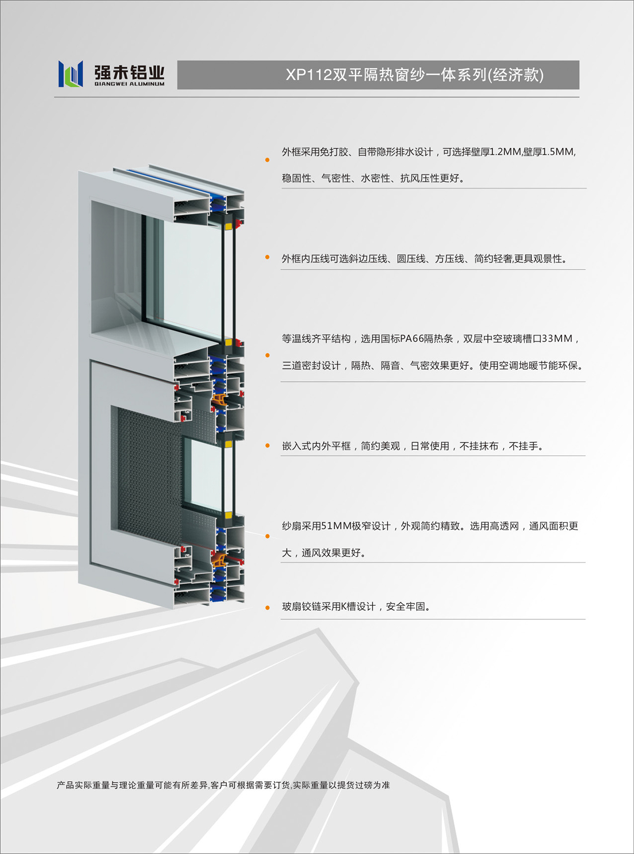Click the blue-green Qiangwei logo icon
tap(70, 74)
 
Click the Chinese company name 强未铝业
tap(129, 72)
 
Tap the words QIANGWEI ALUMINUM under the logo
tap(129, 84)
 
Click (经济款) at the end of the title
tap(516, 75)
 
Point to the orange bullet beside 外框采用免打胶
tap(267, 160)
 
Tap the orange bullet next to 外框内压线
tap(267, 257)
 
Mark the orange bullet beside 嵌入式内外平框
tap(267, 445)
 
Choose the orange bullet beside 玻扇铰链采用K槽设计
tap(267, 608)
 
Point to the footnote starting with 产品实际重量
tap(223, 785)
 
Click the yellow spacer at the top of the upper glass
tap(229, 226)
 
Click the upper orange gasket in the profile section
tap(219, 400)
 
